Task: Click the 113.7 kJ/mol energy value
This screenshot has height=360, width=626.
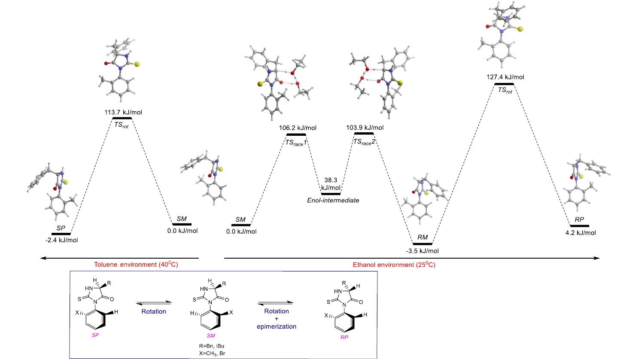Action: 123,112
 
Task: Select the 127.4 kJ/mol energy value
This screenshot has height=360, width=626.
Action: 505,77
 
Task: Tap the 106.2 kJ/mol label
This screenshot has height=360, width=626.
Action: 298,128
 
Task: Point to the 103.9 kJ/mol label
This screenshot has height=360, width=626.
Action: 365,127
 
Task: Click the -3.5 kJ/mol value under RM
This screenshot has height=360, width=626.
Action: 422,251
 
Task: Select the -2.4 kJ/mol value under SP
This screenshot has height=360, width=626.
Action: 62,240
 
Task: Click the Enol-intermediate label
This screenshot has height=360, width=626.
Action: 333,200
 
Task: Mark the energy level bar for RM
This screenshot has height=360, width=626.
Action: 422,244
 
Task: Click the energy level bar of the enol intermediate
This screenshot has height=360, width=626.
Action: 331,194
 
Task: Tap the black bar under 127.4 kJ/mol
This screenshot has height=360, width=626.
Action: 504,84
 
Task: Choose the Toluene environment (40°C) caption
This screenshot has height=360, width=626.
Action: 136,265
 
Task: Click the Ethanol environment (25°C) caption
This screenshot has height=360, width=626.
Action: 394,265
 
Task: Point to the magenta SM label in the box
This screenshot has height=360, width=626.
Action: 210,336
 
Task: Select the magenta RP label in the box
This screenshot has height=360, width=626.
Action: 344,337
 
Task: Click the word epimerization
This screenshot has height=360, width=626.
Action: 277,326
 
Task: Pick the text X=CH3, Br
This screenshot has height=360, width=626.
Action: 211,353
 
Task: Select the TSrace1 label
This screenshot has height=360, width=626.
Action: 295,143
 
